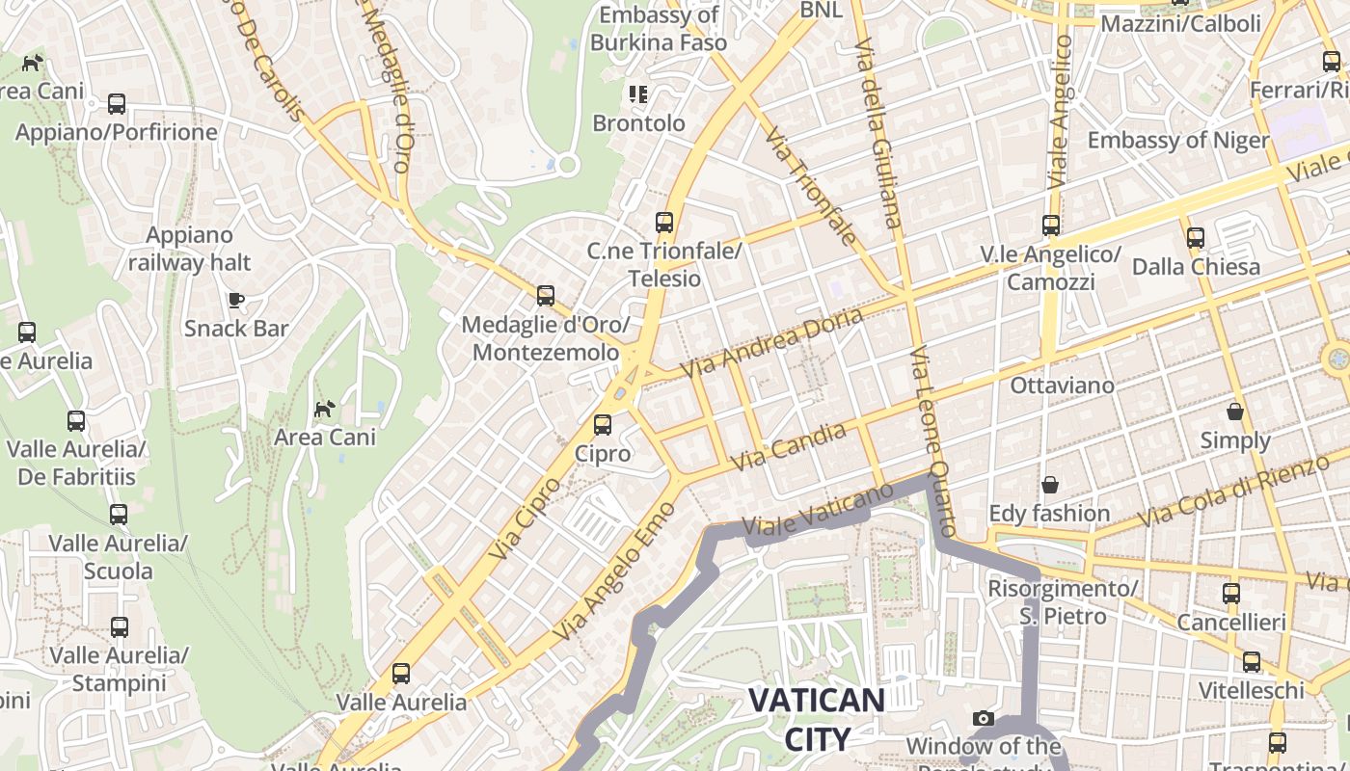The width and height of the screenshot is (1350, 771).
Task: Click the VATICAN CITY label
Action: [x=817, y=719]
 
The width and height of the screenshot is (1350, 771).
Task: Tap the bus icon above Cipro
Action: [x=603, y=424]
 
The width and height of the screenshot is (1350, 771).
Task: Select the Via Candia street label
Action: [x=788, y=447]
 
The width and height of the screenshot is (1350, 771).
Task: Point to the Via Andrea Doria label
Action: [x=771, y=343]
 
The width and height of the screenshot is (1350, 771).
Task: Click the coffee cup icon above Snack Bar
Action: [x=236, y=300]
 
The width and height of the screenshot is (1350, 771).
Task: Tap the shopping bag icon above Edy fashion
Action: [x=1049, y=484]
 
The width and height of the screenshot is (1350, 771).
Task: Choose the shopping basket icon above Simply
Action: [x=1235, y=412]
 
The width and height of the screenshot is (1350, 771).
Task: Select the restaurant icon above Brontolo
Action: [x=638, y=94]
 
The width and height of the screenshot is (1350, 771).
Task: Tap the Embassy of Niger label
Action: [x=1178, y=141]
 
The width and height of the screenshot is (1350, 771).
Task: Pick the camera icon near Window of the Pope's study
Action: [x=984, y=718]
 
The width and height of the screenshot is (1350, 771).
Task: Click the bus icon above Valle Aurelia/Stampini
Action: [x=120, y=627]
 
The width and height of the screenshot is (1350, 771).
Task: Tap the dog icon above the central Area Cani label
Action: [x=325, y=409]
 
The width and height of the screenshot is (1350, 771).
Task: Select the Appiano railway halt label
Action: [x=189, y=249]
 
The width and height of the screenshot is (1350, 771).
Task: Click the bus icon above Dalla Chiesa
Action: [x=1196, y=237]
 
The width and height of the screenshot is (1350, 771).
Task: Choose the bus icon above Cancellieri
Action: [x=1231, y=594]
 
